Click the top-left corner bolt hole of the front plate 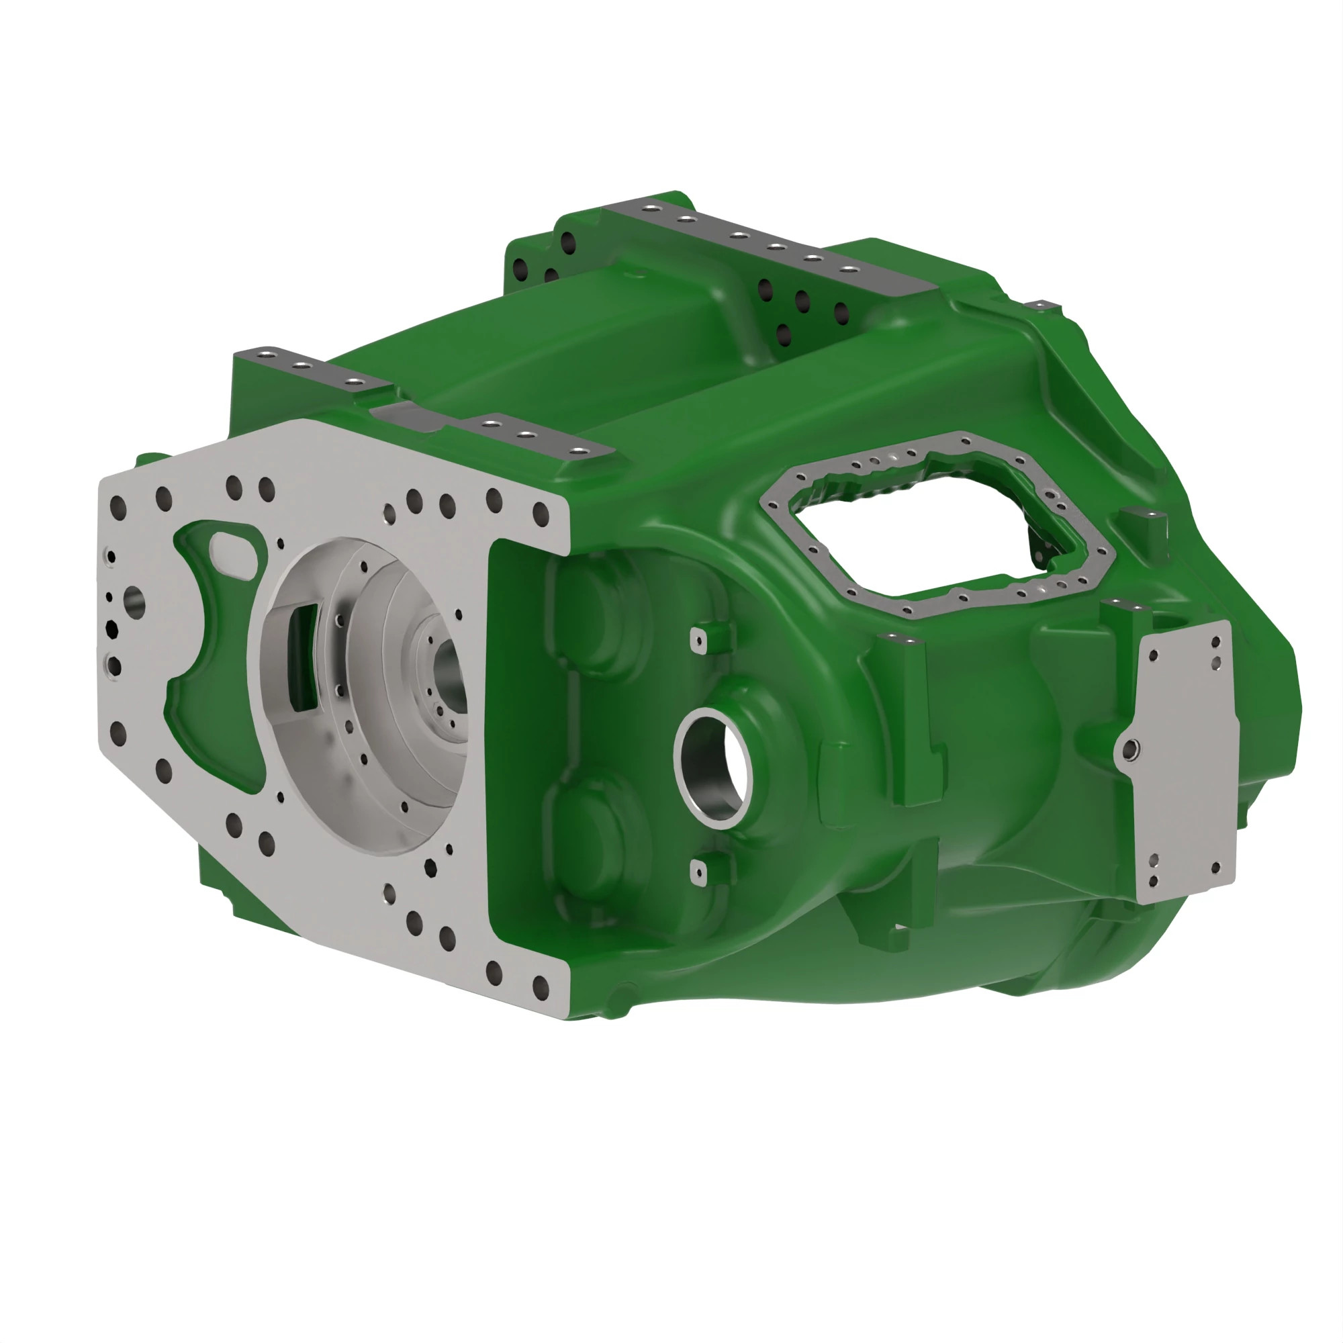pyautogui.click(x=118, y=506)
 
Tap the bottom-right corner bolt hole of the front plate pyautogui.click(x=540, y=984)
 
